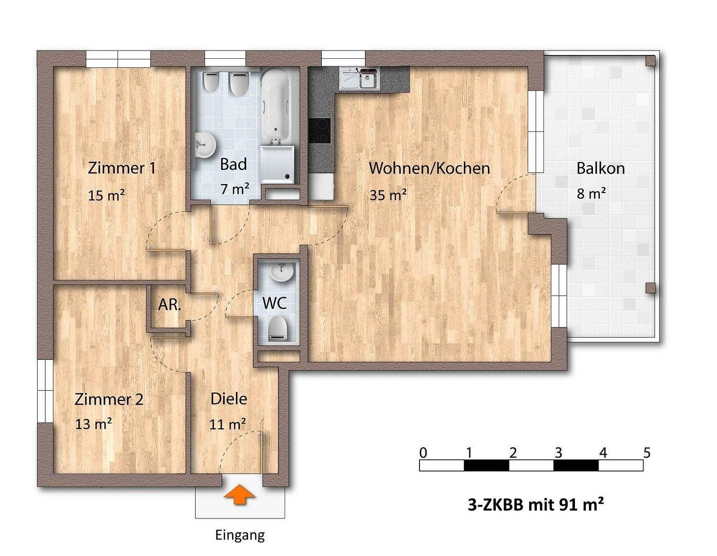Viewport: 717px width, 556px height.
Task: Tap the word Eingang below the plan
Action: pyautogui.click(x=240, y=535)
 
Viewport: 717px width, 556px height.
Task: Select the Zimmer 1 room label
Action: pyautogui.click(x=121, y=168)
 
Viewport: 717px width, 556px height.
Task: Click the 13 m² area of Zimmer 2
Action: pyautogui.click(x=94, y=424)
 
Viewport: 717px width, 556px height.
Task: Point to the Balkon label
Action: pyautogui.click(x=600, y=168)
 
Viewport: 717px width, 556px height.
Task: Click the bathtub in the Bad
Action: pyautogui.click(x=276, y=108)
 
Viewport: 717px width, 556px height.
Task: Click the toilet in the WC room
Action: pyautogui.click(x=278, y=327)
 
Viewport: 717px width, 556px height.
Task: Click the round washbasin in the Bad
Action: pyautogui.click(x=205, y=145)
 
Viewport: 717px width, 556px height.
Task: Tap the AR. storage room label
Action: pyautogui.click(x=169, y=305)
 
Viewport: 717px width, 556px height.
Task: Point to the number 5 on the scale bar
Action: pyautogui.click(x=647, y=453)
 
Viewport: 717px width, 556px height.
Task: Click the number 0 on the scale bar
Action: pyautogui.click(x=423, y=453)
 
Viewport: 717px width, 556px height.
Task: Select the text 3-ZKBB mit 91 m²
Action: pyautogui.click(x=535, y=505)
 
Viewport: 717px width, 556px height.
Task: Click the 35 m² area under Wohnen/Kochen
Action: pyautogui.click(x=388, y=195)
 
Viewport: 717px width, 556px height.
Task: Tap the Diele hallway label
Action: pyautogui.click(x=229, y=399)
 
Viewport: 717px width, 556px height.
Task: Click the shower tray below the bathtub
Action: pyautogui.click(x=278, y=164)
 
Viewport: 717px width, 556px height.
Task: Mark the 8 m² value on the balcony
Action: pyautogui.click(x=591, y=194)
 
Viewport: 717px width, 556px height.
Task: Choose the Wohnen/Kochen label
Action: pyautogui.click(x=429, y=168)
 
